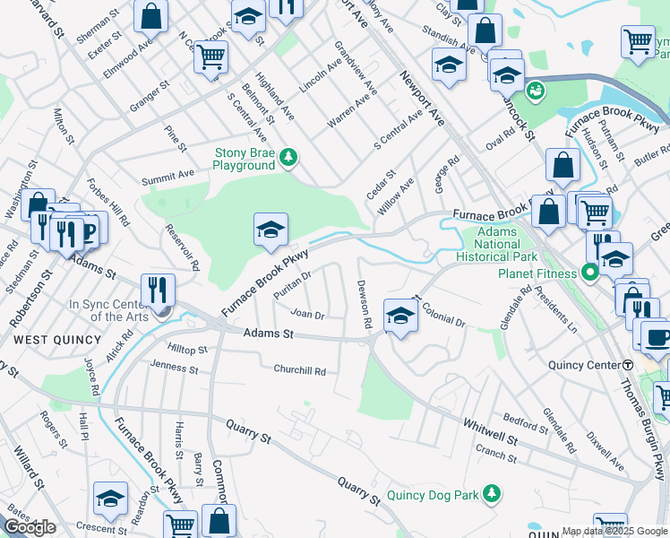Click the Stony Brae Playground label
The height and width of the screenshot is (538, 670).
[243, 159]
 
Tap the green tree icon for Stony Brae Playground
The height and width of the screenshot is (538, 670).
[288, 159]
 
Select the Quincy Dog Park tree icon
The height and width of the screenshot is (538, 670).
[491, 494]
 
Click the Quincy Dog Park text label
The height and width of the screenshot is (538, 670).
[434, 495]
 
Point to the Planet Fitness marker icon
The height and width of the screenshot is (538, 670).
[589, 272]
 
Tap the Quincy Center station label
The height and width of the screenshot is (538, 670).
[584, 365]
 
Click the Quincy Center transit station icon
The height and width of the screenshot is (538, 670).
[628, 365]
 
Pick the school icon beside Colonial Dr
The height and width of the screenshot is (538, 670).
[400, 315]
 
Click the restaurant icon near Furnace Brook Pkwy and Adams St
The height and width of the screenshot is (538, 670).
[158, 290]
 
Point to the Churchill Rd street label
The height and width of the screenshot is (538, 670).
[299, 370]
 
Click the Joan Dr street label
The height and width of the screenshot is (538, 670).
[306, 314]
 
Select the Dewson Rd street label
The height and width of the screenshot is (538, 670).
[365, 303]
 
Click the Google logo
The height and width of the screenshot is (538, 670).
[30, 527]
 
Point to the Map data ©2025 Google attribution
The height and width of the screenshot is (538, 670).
[614, 531]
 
